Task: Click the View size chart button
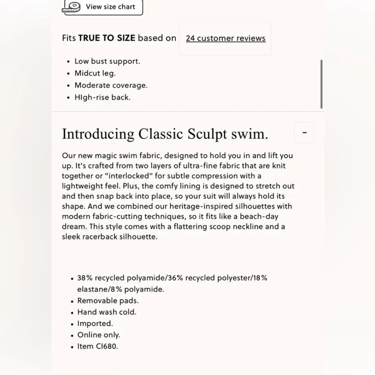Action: pos(103,7)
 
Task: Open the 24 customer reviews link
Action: pos(226,38)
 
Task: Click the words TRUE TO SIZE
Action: pos(107,38)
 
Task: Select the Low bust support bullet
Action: pos(107,61)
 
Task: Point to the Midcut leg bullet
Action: pos(95,73)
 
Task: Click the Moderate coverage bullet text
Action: pos(111,85)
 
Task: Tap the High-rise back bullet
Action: pos(103,97)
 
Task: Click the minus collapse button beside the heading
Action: pos(304,133)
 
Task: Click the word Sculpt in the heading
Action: pos(208,134)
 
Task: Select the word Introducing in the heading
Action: pos(98,134)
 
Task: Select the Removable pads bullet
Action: pos(108,301)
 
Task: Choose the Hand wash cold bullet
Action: pos(107,312)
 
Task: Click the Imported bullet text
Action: pos(95,324)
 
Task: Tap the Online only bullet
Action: pos(99,335)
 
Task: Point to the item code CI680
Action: pos(108,346)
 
